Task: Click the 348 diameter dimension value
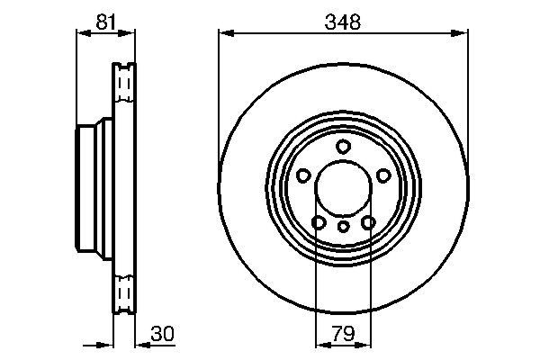pyautogui.click(x=343, y=22)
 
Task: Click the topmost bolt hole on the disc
pyautogui.click(x=343, y=147)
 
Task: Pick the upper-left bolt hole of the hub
pyautogui.click(x=303, y=175)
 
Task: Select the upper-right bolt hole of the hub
pyautogui.click(x=382, y=175)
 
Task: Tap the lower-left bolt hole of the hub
pyautogui.click(x=318, y=221)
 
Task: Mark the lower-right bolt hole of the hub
pyautogui.click(x=367, y=221)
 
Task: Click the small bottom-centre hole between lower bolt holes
pyautogui.click(x=343, y=227)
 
